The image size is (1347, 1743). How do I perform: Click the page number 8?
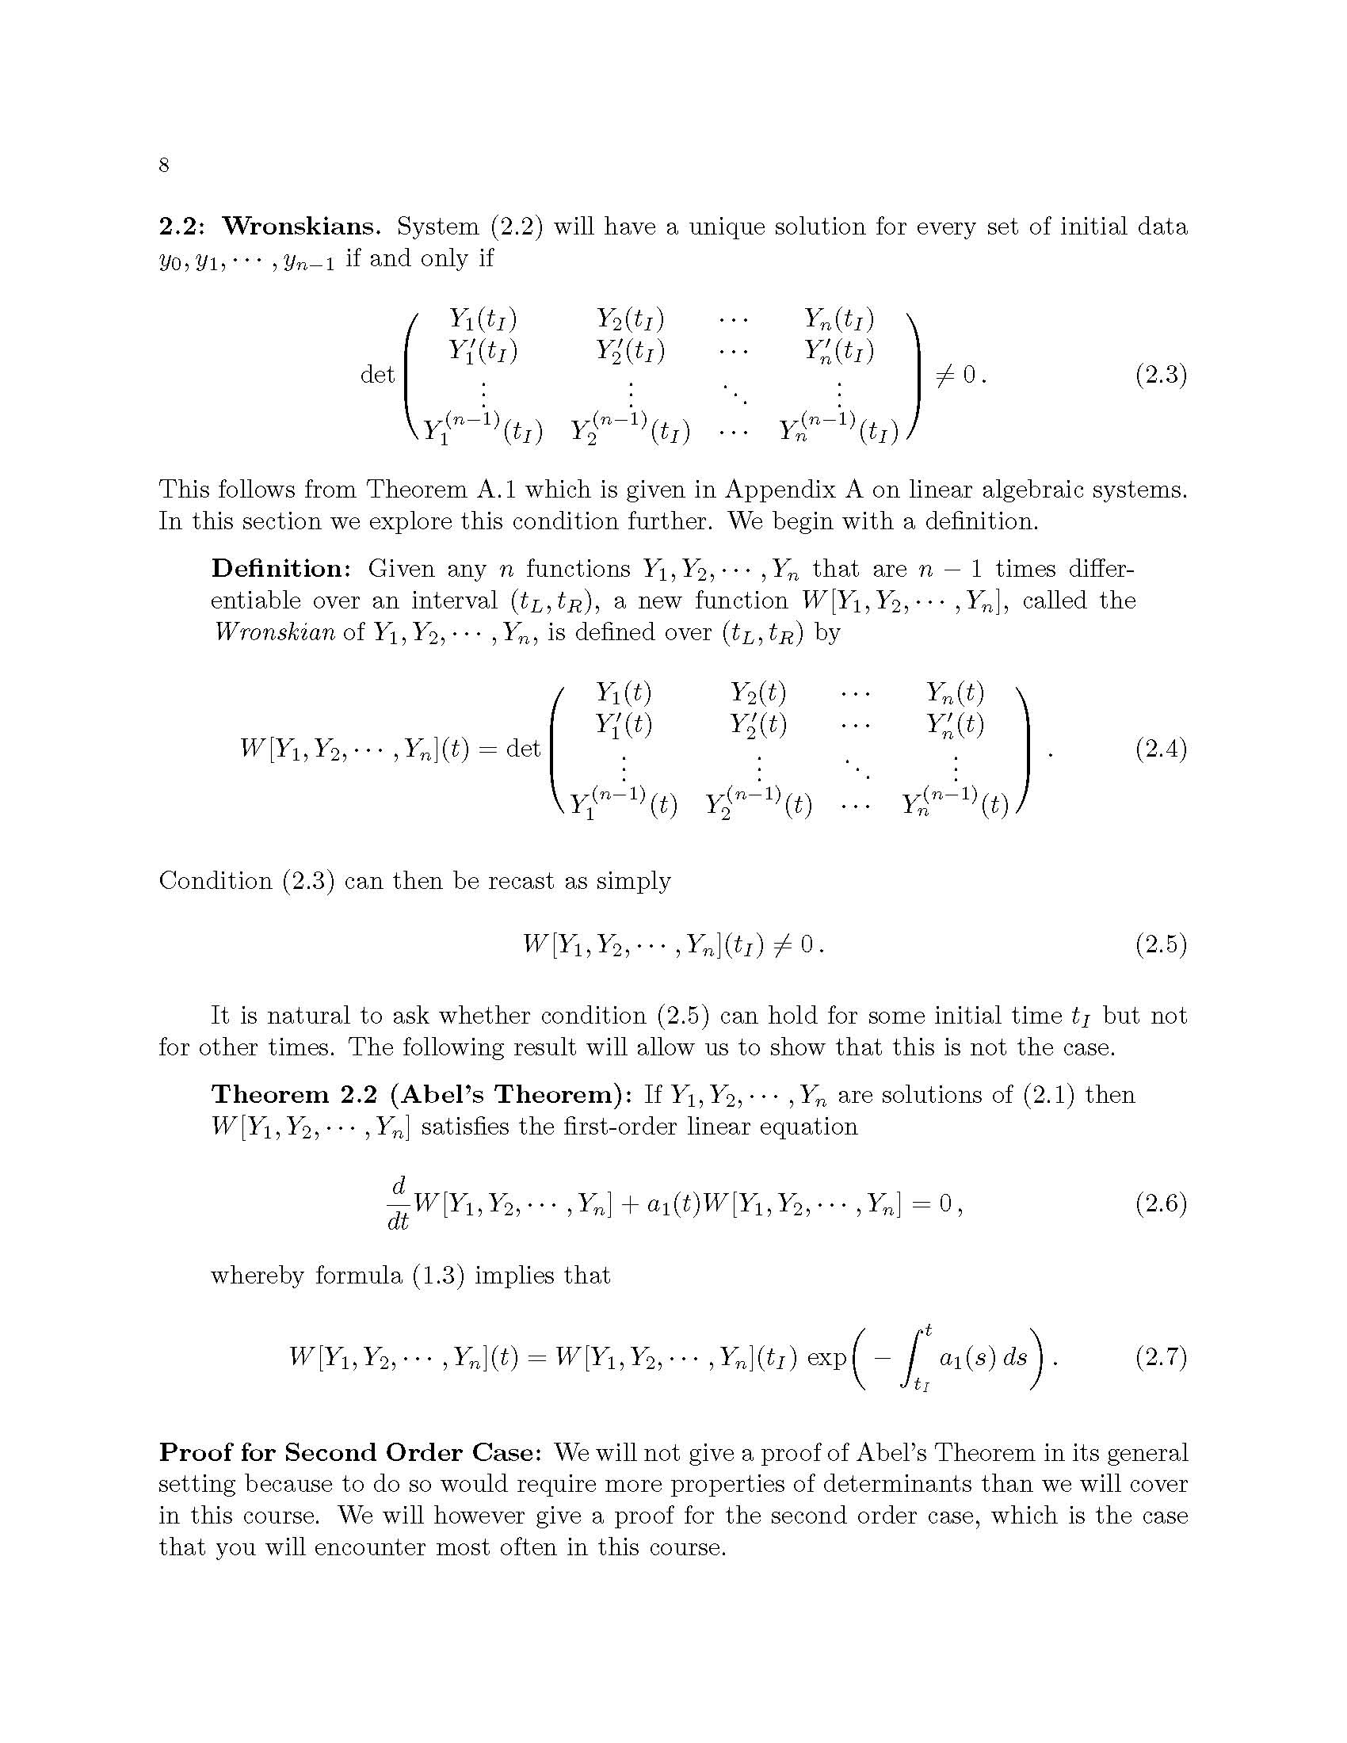point(163,166)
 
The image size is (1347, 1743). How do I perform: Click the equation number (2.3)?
point(1161,374)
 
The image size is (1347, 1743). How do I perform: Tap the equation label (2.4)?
point(1161,749)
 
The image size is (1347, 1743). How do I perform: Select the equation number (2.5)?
point(1161,945)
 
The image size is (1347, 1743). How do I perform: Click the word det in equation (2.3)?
point(377,374)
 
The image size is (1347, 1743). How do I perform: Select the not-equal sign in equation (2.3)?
point(945,374)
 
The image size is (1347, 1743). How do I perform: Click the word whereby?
point(257,1276)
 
